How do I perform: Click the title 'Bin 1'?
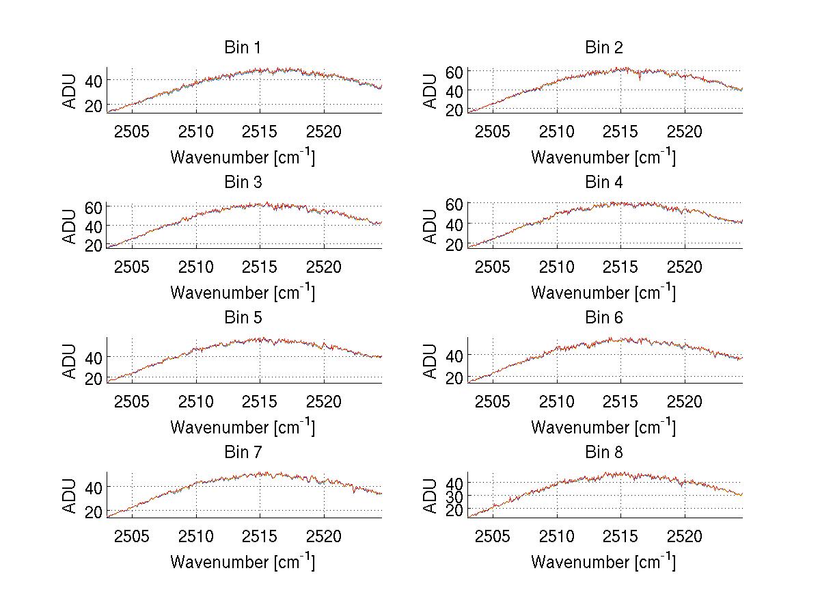(x=243, y=48)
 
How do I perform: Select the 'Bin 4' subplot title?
(x=604, y=183)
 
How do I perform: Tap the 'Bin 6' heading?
(x=604, y=317)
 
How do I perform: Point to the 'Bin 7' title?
(x=243, y=452)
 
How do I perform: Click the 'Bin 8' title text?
(x=604, y=452)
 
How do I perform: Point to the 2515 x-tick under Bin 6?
(x=620, y=401)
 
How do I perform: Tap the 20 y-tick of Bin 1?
(x=94, y=105)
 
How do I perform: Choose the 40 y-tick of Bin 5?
(x=94, y=357)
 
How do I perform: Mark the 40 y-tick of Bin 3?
(x=94, y=226)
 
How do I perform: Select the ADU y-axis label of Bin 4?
(x=430, y=226)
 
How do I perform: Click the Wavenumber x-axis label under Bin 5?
(x=243, y=427)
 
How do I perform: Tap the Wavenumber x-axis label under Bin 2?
(x=603, y=157)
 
